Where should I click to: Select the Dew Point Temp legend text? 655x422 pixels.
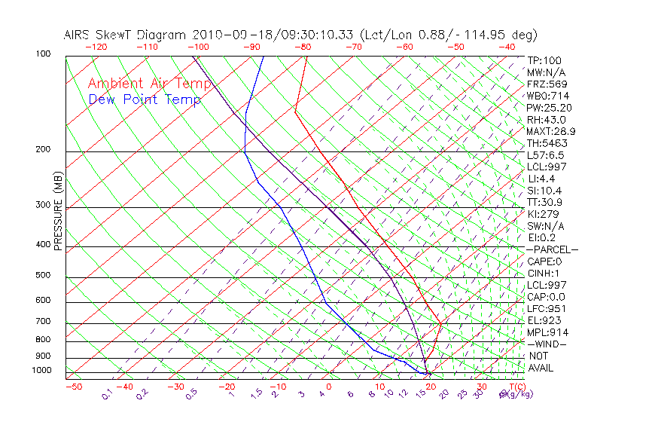point(145,99)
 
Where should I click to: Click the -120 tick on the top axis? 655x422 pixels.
point(95,47)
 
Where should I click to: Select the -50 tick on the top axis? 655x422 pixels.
point(455,47)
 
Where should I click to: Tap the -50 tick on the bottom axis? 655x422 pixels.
point(73,387)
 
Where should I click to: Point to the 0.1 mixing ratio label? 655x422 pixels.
point(106,394)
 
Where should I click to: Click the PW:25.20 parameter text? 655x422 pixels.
point(550,108)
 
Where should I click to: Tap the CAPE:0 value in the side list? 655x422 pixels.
point(544,261)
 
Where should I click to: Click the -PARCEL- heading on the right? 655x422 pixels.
point(552,249)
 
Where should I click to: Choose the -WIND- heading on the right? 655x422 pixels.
point(547,344)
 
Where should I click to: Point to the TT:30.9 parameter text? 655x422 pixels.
point(545,202)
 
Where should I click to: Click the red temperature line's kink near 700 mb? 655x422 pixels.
point(441,323)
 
